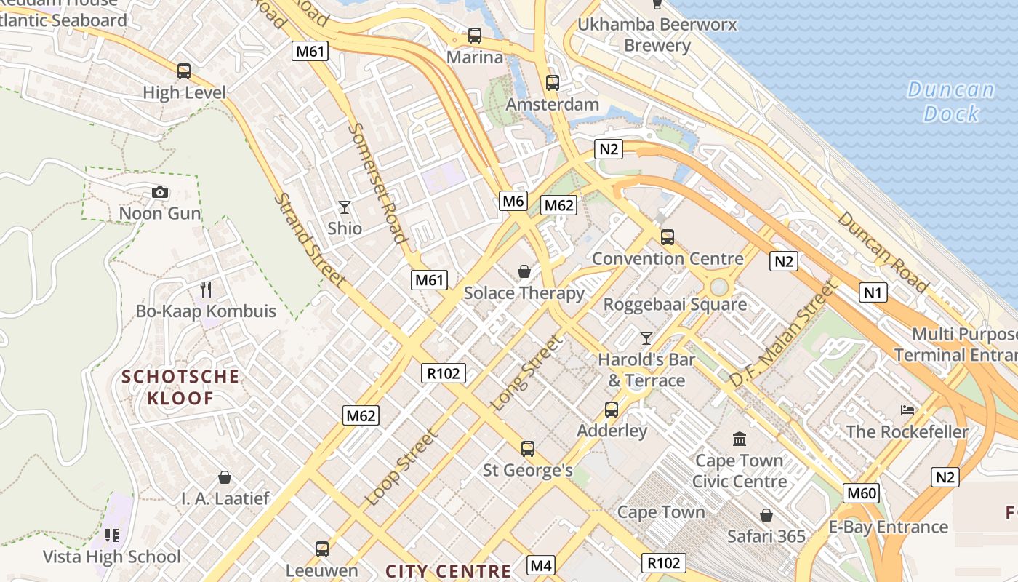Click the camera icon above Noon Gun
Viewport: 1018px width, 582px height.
pos(160,193)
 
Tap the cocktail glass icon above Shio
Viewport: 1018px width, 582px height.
pos(345,207)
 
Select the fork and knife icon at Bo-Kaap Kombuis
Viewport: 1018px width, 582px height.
pos(206,290)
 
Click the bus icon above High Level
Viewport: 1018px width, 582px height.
pos(184,71)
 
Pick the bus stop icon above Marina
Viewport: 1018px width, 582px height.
pos(475,35)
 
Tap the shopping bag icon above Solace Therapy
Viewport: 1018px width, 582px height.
pos(524,272)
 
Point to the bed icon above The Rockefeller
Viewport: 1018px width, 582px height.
pos(907,410)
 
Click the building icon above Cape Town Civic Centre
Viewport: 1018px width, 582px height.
pos(740,439)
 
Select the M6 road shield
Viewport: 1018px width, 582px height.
pos(513,201)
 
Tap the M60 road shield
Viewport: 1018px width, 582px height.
pos(862,493)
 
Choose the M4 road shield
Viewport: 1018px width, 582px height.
pos(541,565)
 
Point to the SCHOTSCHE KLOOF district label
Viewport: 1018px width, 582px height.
pos(180,387)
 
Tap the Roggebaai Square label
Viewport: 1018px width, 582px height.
pos(675,304)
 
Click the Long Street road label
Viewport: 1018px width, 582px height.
pos(527,372)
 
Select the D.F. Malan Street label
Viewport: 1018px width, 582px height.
pos(781,335)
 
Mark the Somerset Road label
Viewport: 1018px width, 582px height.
pos(377,182)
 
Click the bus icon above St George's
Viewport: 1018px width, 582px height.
pos(528,448)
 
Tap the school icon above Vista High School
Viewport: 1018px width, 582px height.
pos(111,535)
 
